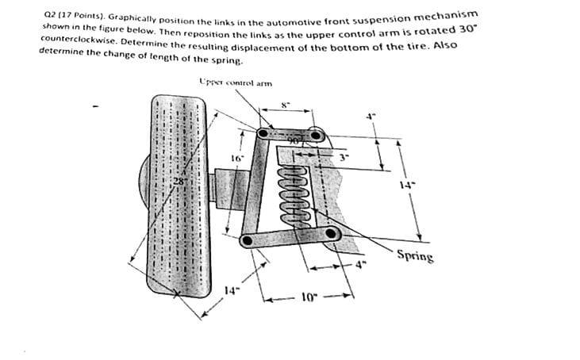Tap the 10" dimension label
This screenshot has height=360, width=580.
click(x=310, y=297)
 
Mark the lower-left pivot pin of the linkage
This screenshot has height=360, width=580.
click(x=248, y=239)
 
